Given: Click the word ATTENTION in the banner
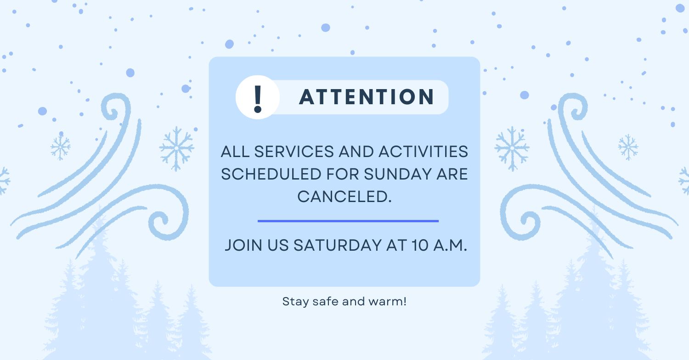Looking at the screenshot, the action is (x=367, y=97).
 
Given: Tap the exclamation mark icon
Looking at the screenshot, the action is (x=258, y=97).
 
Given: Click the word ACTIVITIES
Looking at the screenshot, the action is (x=423, y=152).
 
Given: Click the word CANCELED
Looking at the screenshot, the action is (x=344, y=197).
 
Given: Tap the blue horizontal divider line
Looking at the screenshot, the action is (x=348, y=221).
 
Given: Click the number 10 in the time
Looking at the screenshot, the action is (x=420, y=245).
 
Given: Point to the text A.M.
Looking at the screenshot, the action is (x=450, y=245).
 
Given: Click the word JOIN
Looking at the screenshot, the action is (x=243, y=245).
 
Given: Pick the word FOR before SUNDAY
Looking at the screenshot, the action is (x=343, y=174).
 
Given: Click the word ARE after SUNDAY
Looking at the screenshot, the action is (x=452, y=174).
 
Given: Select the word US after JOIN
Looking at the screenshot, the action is (x=278, y=245).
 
